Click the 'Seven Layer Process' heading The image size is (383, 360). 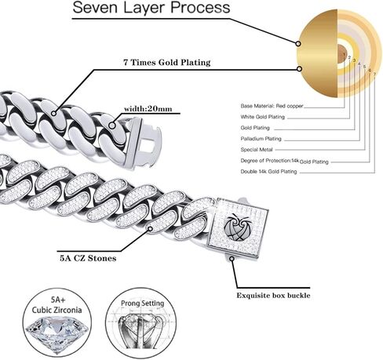(151, 8)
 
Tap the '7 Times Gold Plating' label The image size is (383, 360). (167, 63)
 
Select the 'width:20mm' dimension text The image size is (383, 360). (148, 109)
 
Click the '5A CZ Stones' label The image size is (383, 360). (88, 258)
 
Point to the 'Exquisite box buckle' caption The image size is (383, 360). (273, 296)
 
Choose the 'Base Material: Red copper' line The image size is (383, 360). (272, 106)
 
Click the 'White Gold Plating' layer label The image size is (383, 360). (263, 117)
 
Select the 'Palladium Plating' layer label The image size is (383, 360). (261, 139)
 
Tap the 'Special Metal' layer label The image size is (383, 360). (257, 150)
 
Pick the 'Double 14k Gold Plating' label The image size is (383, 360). (268, 172)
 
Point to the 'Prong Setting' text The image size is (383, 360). (143, 304)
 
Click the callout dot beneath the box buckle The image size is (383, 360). (232, 259)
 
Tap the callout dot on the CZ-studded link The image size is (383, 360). (151, 229)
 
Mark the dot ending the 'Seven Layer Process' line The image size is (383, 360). (298, 43)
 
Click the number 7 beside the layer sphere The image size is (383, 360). (374, 75)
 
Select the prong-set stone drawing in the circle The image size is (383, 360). (141, 329)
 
